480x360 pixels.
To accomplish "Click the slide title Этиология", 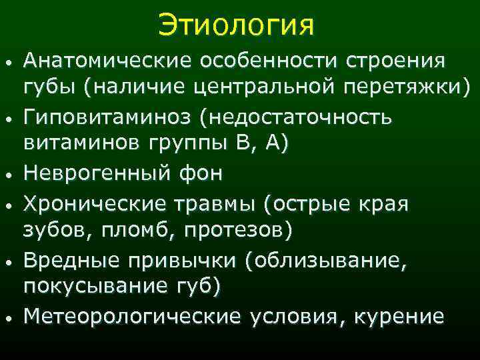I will click(x=236, y=26).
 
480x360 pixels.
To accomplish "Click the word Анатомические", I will click(x=105, y=62).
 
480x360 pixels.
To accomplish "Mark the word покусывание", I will click(x=87, y=286).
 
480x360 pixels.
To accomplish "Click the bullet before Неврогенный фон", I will click(x=7, y=176).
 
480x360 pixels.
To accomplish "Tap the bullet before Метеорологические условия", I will click(x=7, y=319).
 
